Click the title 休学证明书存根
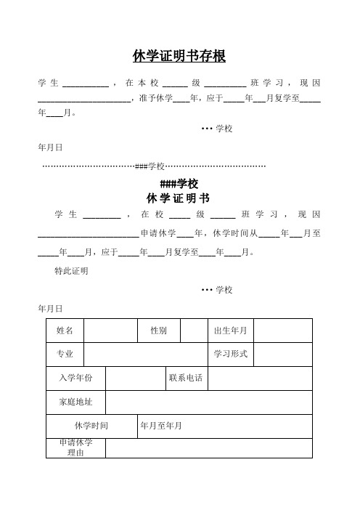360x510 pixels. coord(179,57)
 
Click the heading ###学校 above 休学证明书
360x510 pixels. coord(179,184)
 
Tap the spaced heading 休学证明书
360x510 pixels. coord(179,198)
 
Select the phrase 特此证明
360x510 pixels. coord(71,271)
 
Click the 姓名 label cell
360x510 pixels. coord(65,331)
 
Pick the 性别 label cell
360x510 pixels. coord(158,331)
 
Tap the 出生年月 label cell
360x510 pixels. coord(231,331)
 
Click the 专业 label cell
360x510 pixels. coord(65,354)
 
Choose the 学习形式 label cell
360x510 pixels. coord(231,354)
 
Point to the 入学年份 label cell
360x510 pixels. coord(75,378)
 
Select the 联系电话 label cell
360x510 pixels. coord(186,378)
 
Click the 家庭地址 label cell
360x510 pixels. coord(75,402)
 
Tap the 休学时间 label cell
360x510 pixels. coord(91,426)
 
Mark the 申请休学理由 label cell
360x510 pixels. coord(75,448)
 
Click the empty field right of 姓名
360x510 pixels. coord(110,331)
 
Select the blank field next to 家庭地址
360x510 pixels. coord(208,402)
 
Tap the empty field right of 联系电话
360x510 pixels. coord(259,378)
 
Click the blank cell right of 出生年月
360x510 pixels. coord(282,331)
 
